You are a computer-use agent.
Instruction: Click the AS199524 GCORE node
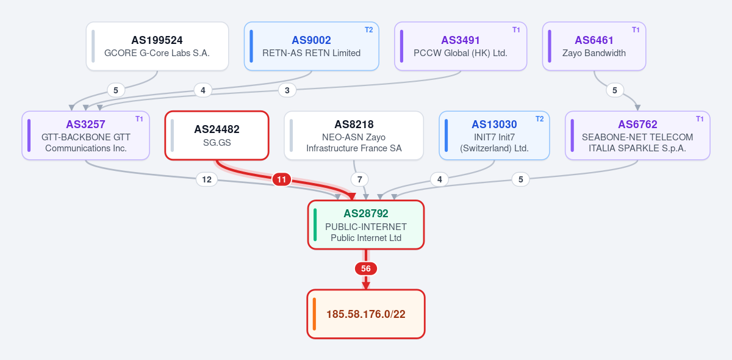pos(157,46)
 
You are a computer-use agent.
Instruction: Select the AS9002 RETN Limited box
pos(312,46)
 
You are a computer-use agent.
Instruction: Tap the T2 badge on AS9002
pos(368,30)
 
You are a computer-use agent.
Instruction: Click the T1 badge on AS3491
pos(516,30)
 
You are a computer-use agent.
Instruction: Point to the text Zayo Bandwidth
pos(594,53)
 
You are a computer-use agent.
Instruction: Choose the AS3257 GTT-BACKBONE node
pos(85,135)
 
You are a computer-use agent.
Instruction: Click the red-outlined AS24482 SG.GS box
pos(217,135)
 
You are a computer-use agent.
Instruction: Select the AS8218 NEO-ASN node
pos(354,135)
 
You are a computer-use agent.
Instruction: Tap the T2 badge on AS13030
pos(539,119)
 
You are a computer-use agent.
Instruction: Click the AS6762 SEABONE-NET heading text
pos(637,124)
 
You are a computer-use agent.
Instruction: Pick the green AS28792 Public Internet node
pos(366,225)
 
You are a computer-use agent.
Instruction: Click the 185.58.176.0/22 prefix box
pos(366,314)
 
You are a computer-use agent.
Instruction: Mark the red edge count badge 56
pos(366,268)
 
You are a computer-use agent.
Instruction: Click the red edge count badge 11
pos(282,179)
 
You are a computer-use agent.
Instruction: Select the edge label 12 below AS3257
pos(207,179)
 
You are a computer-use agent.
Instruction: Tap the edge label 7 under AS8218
pos(359,179)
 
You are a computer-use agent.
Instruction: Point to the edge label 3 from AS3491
pos(287,90)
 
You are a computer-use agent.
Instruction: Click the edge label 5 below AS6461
pos(615,90)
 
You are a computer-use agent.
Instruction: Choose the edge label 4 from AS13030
pos(440,179)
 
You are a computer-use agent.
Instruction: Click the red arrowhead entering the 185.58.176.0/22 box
pos(366,286)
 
